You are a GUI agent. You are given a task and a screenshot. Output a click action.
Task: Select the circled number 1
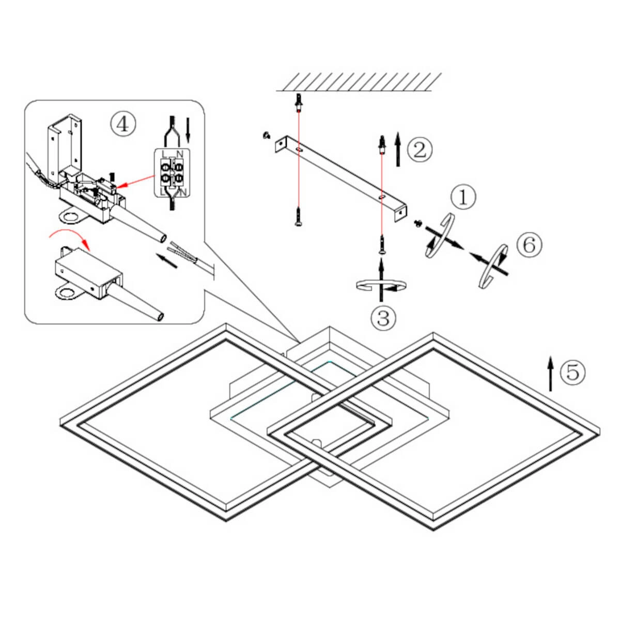462,198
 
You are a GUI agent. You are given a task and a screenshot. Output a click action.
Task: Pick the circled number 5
573,371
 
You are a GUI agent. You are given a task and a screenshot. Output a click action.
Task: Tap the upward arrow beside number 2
398,150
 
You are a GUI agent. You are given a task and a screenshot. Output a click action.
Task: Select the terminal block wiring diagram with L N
173,172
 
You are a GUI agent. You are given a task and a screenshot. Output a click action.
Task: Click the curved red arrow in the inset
69,239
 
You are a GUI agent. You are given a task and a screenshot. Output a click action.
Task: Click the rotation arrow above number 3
381,285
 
